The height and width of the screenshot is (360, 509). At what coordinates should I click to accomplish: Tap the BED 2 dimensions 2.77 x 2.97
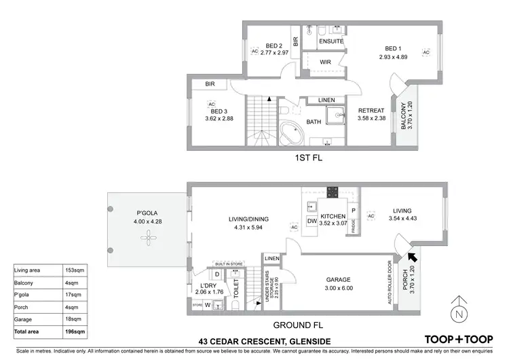[275, 53]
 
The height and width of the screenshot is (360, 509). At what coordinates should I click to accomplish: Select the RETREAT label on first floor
[371, 111]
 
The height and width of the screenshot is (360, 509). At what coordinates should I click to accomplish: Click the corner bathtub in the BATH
[293, 133]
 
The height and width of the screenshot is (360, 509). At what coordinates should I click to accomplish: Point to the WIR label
[325, 62]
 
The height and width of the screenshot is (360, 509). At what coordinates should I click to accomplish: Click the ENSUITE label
[331, 41]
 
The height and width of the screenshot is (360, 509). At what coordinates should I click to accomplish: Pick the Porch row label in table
[22, 307]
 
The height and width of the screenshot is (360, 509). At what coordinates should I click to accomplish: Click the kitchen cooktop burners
[333, 192]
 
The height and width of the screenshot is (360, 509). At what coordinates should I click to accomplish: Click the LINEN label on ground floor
[271, 259]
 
